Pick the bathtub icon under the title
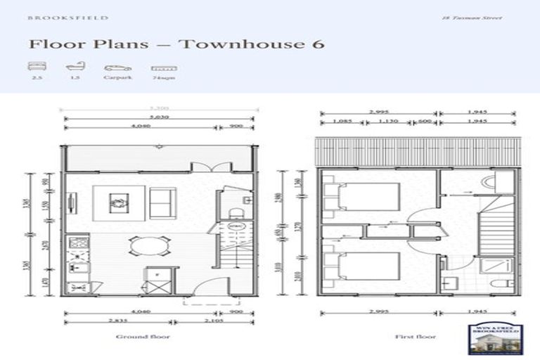[75, 68]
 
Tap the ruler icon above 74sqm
[163, 69]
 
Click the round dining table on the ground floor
[149, 245]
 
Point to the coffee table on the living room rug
[117, 202]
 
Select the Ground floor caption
[143, 337]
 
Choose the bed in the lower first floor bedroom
[359, 266]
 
